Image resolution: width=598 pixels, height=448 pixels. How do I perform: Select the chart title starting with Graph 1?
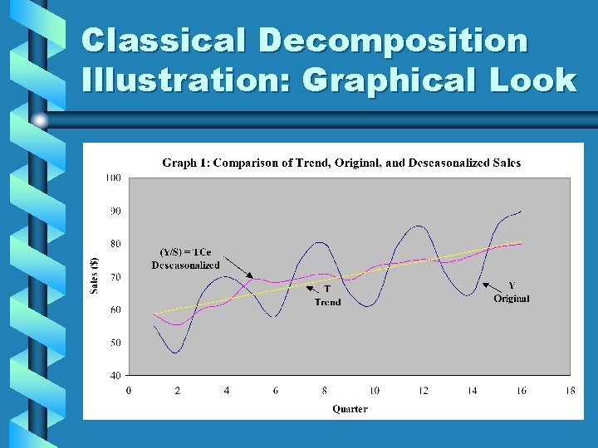click(x=341, y=163)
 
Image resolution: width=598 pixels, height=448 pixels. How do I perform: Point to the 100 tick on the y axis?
click(x=113, y=178)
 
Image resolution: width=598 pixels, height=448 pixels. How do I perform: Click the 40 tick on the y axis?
click(x=115, y=375)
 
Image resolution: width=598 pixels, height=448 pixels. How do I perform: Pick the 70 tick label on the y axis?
click(x=115, y=276)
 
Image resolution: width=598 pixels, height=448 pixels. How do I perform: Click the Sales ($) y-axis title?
click(x=93, y=274)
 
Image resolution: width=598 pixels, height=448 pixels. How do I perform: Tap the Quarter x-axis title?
click(x=350, y=408)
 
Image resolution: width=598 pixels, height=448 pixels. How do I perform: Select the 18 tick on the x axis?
click(x=571, y=391)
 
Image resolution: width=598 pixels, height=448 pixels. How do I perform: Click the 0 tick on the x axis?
click(x=127, y=391)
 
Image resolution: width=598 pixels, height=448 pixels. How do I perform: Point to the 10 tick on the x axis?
click(x=374, y=391)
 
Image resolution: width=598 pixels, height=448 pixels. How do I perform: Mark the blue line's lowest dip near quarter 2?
click(x=176, y=353)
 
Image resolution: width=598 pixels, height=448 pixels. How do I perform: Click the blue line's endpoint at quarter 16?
click(x=522, y=211)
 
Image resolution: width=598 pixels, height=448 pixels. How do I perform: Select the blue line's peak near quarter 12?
click(x=420, y=226)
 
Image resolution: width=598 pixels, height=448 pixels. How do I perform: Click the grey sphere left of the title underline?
click(x=39, y=120)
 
